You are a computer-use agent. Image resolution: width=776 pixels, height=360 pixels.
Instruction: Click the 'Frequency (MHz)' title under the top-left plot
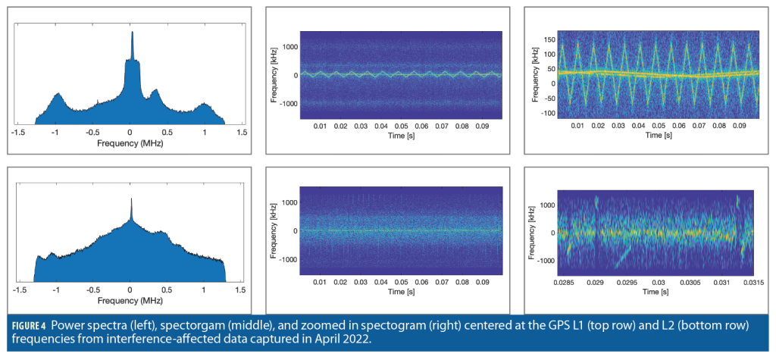[x=130, y=142]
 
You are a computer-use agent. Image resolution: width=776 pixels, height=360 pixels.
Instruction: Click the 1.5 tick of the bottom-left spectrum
[x=242, y=289]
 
